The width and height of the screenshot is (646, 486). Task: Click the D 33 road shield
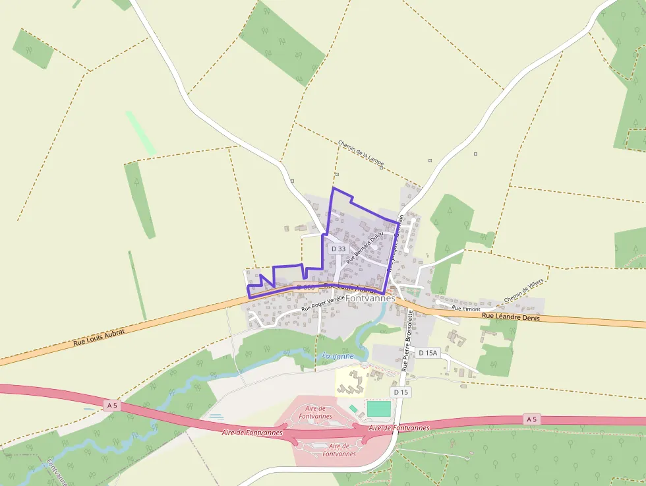click(338, 249)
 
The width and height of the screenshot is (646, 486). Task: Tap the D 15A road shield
click(428, 353)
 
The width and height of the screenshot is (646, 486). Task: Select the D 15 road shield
click(401, 392)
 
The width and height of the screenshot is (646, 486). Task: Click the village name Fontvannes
click(370, 298)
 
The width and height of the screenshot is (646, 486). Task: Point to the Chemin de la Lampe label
click(360, 153)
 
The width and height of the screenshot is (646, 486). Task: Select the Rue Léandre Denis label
click(510, 317)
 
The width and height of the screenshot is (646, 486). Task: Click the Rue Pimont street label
click(466, 308)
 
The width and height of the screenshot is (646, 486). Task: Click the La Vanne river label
click(338, 356)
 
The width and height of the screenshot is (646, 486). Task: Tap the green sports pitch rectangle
click(378, 409)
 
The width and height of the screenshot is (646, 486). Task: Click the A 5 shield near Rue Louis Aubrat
click(111, 406)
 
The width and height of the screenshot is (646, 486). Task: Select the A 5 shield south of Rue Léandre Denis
click(532, 419)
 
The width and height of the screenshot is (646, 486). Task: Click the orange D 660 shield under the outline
click(305, 287)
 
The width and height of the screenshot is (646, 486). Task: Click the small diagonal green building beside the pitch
click(353, 409)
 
